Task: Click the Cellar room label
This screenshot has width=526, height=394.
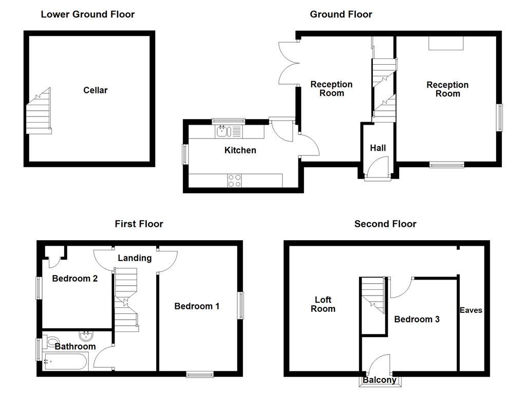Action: tap(96, 90)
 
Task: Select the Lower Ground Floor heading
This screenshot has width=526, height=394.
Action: tap(87, 14)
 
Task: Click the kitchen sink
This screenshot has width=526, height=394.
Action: tap(223, 131)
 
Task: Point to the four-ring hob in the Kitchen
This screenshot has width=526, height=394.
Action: tap(234, 180)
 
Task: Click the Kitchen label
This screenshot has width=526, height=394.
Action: tap(240, 150)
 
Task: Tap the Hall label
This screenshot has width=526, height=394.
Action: tap(378, 148)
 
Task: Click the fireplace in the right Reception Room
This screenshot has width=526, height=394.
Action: tap(446, 44)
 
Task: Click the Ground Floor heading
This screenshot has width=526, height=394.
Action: tap(341, 14)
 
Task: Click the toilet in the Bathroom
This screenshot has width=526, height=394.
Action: tap(51, 342)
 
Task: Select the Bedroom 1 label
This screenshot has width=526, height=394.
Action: tap(197, 306)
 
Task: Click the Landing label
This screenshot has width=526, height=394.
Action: tap(135, 258)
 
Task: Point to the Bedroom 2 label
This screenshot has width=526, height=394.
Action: tap(75, 279)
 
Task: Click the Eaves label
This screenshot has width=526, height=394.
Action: tap(471, 310)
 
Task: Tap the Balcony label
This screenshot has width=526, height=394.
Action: tap(380, 380)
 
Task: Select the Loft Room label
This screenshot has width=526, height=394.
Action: tap(323, 304)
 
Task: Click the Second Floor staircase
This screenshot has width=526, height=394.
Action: tap(373, 295)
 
